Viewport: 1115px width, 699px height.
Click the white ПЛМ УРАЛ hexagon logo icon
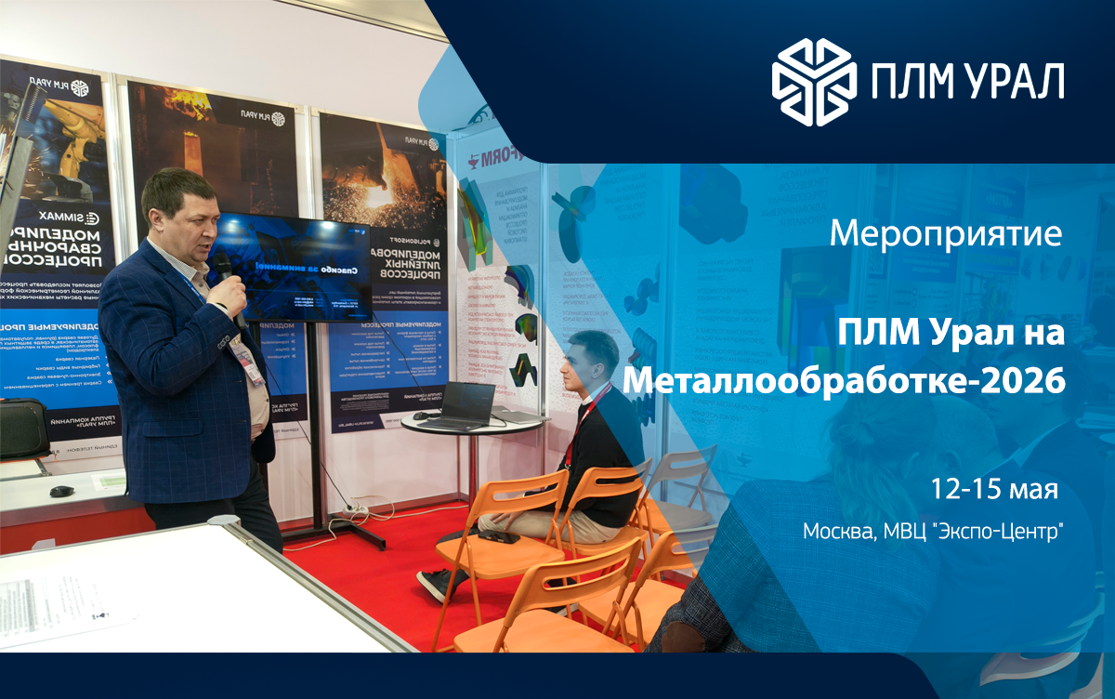pyautogui.click(x=814, y=81)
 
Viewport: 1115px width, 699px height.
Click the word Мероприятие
pyautogui.click(x=945, y=233)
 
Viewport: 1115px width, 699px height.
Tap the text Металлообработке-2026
pyautogui.click(x=844, y=380)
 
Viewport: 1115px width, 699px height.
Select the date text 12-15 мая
pyautogui.click(x=995, y=489)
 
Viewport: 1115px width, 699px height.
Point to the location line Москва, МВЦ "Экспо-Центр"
pyautogui.click(x=933, y=532)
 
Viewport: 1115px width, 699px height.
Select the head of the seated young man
pyautogui.click(x=593, y=358)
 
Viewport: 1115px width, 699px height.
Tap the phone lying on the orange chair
pyautogui.click(x=499, y=537)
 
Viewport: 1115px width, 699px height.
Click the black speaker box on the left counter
pyautogui.click(x=23, y=428)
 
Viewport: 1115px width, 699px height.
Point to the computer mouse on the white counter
pyautogui.click(x=61, y=490)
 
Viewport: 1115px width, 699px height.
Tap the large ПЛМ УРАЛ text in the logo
pyautogui.click(x=966, y=82)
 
